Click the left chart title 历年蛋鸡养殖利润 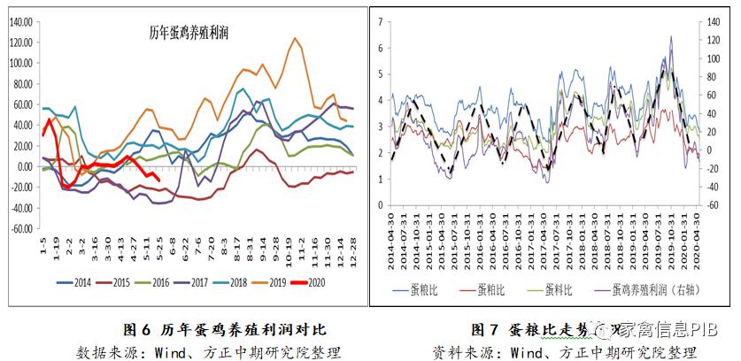click(x=188, y=34)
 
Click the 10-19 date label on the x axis click(x=289, y=249)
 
